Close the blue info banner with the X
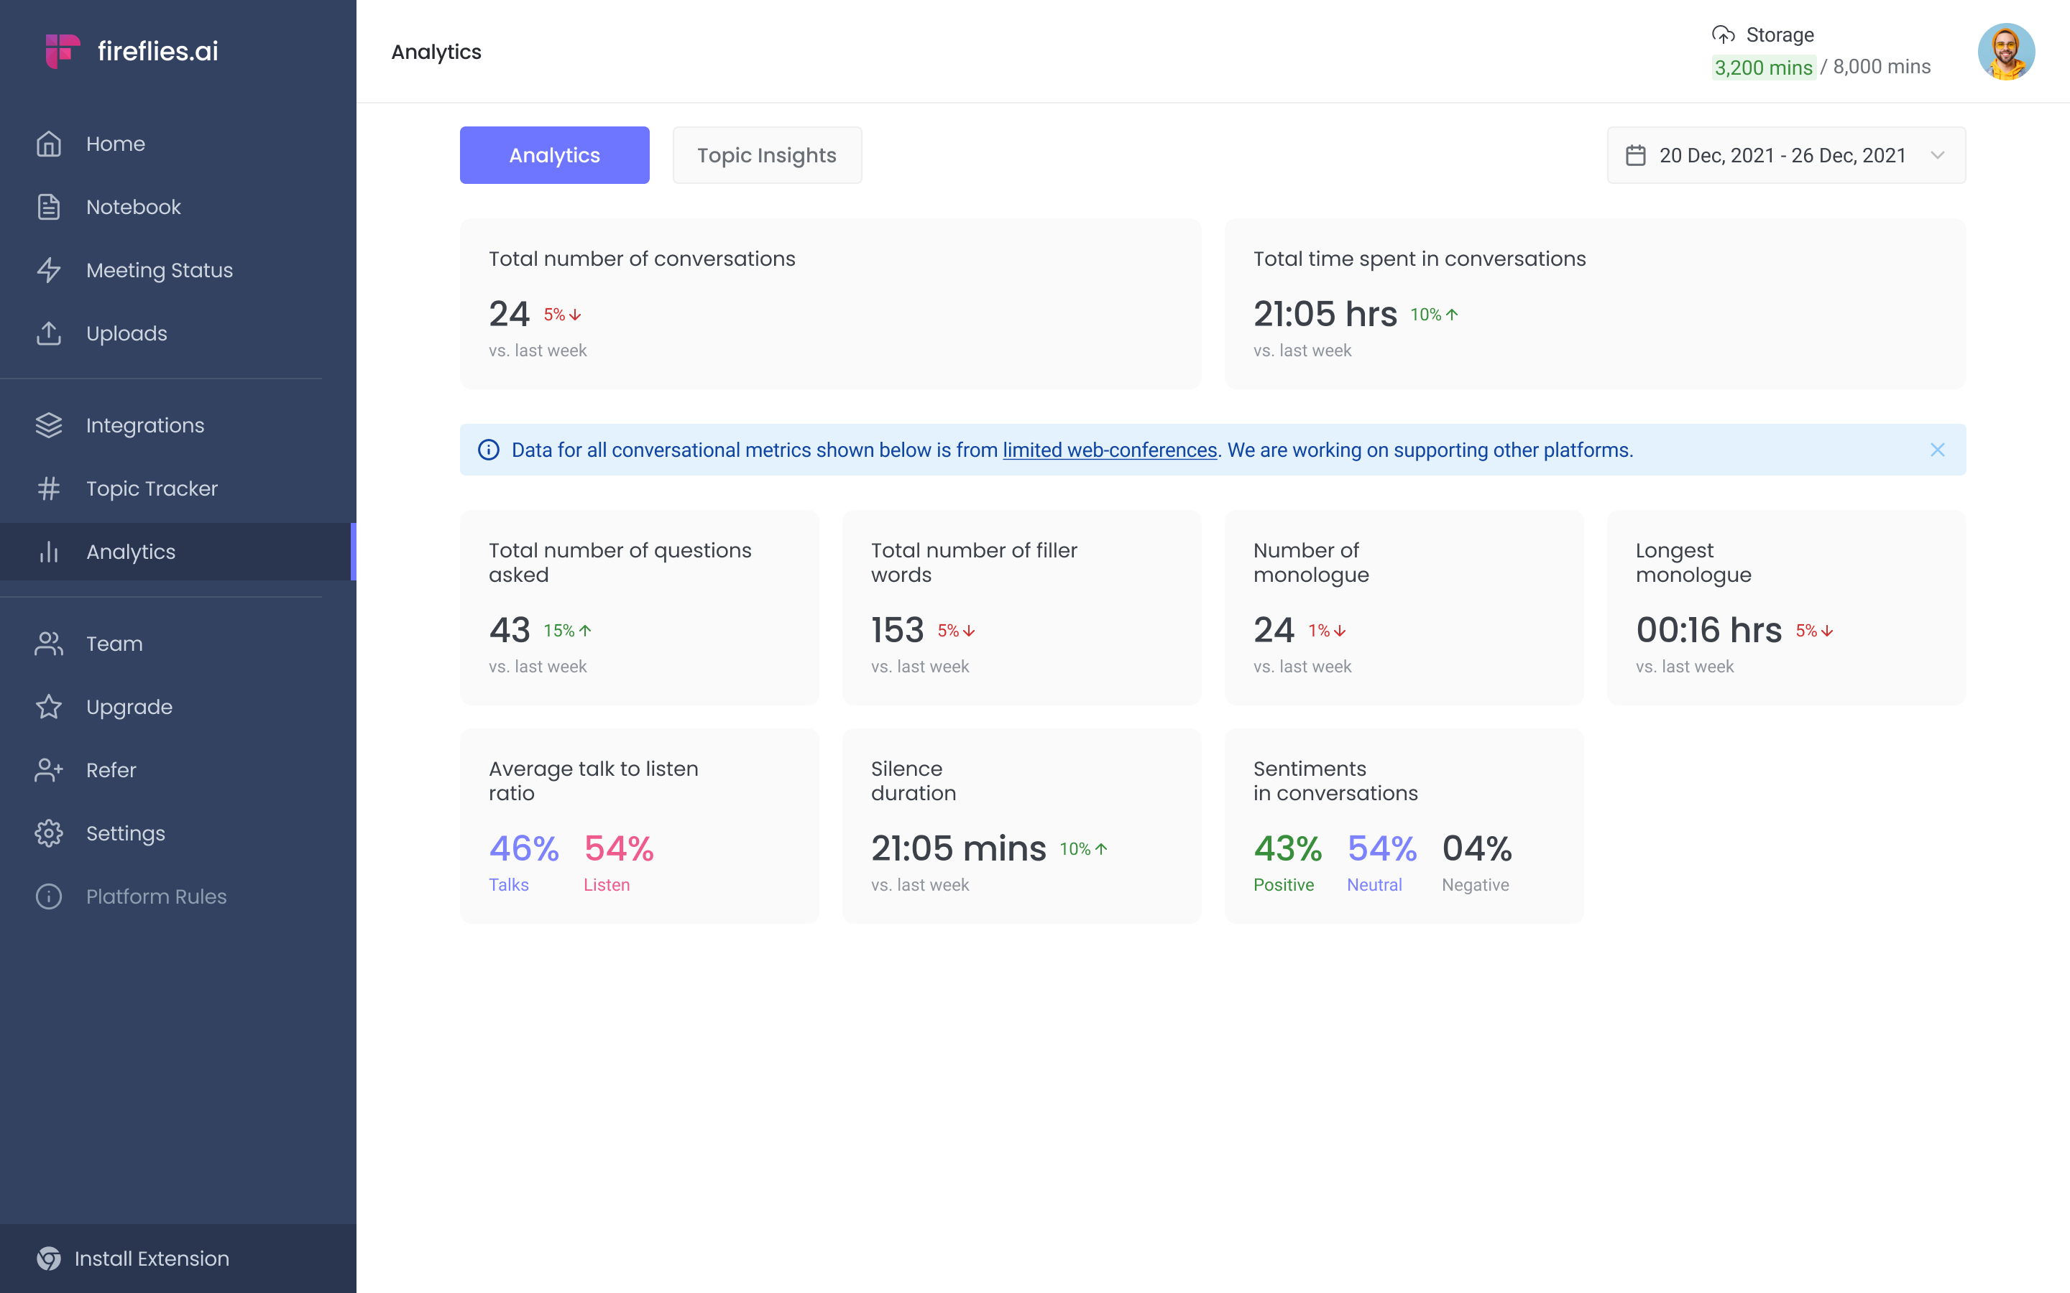point(1938,450)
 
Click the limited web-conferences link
point(1110,450)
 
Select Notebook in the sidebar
point(134,207)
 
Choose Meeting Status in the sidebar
point(159,270)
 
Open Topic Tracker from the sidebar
point(152,488)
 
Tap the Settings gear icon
point(49,833)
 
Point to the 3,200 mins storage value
point(1763,68)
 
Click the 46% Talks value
point(523,848)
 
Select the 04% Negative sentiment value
point(1476,848)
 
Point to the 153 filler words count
point(897,630)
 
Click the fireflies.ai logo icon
point(63,51)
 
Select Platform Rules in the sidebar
point(156,896)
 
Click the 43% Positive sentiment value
point(1287,848)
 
